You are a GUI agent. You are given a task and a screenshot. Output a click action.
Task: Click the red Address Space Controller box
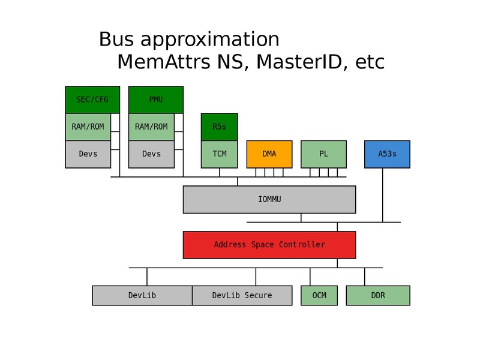pos(269,245)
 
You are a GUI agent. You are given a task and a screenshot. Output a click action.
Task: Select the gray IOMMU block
pos(269,199)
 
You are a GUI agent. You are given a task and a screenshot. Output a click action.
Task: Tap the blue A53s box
pos(387,154)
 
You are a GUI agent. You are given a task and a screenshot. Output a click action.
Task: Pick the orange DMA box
pos(269,154)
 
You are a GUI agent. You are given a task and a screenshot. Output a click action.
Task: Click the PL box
pos(323,154)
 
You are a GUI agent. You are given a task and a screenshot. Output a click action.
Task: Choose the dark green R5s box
pos(219,127)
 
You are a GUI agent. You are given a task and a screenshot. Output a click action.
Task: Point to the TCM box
pos(219,154)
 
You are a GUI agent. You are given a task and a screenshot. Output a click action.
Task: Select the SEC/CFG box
pos(92,100)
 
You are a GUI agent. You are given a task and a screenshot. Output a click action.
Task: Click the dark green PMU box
pos(155,100)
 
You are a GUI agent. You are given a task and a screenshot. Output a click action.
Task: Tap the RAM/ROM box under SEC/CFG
pos(88,127)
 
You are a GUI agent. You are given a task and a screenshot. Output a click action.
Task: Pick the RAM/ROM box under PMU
pos(151,127)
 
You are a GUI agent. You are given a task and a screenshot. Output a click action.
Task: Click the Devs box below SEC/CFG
pos(88,154)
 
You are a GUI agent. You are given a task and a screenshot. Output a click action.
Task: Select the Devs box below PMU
pos(151,154)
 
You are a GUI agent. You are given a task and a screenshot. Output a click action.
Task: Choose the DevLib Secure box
pos(242,295)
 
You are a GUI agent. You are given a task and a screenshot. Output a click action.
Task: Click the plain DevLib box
pos(142,295)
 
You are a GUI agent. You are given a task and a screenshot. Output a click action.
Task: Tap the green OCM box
pos(319,295)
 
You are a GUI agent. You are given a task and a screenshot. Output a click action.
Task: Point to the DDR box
pos(378,295)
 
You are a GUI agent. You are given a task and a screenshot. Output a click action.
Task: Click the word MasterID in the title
pos(293,62)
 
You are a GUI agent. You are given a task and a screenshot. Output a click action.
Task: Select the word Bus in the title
pos(118,40)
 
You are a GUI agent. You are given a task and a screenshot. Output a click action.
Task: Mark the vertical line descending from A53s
pos(382,195)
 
